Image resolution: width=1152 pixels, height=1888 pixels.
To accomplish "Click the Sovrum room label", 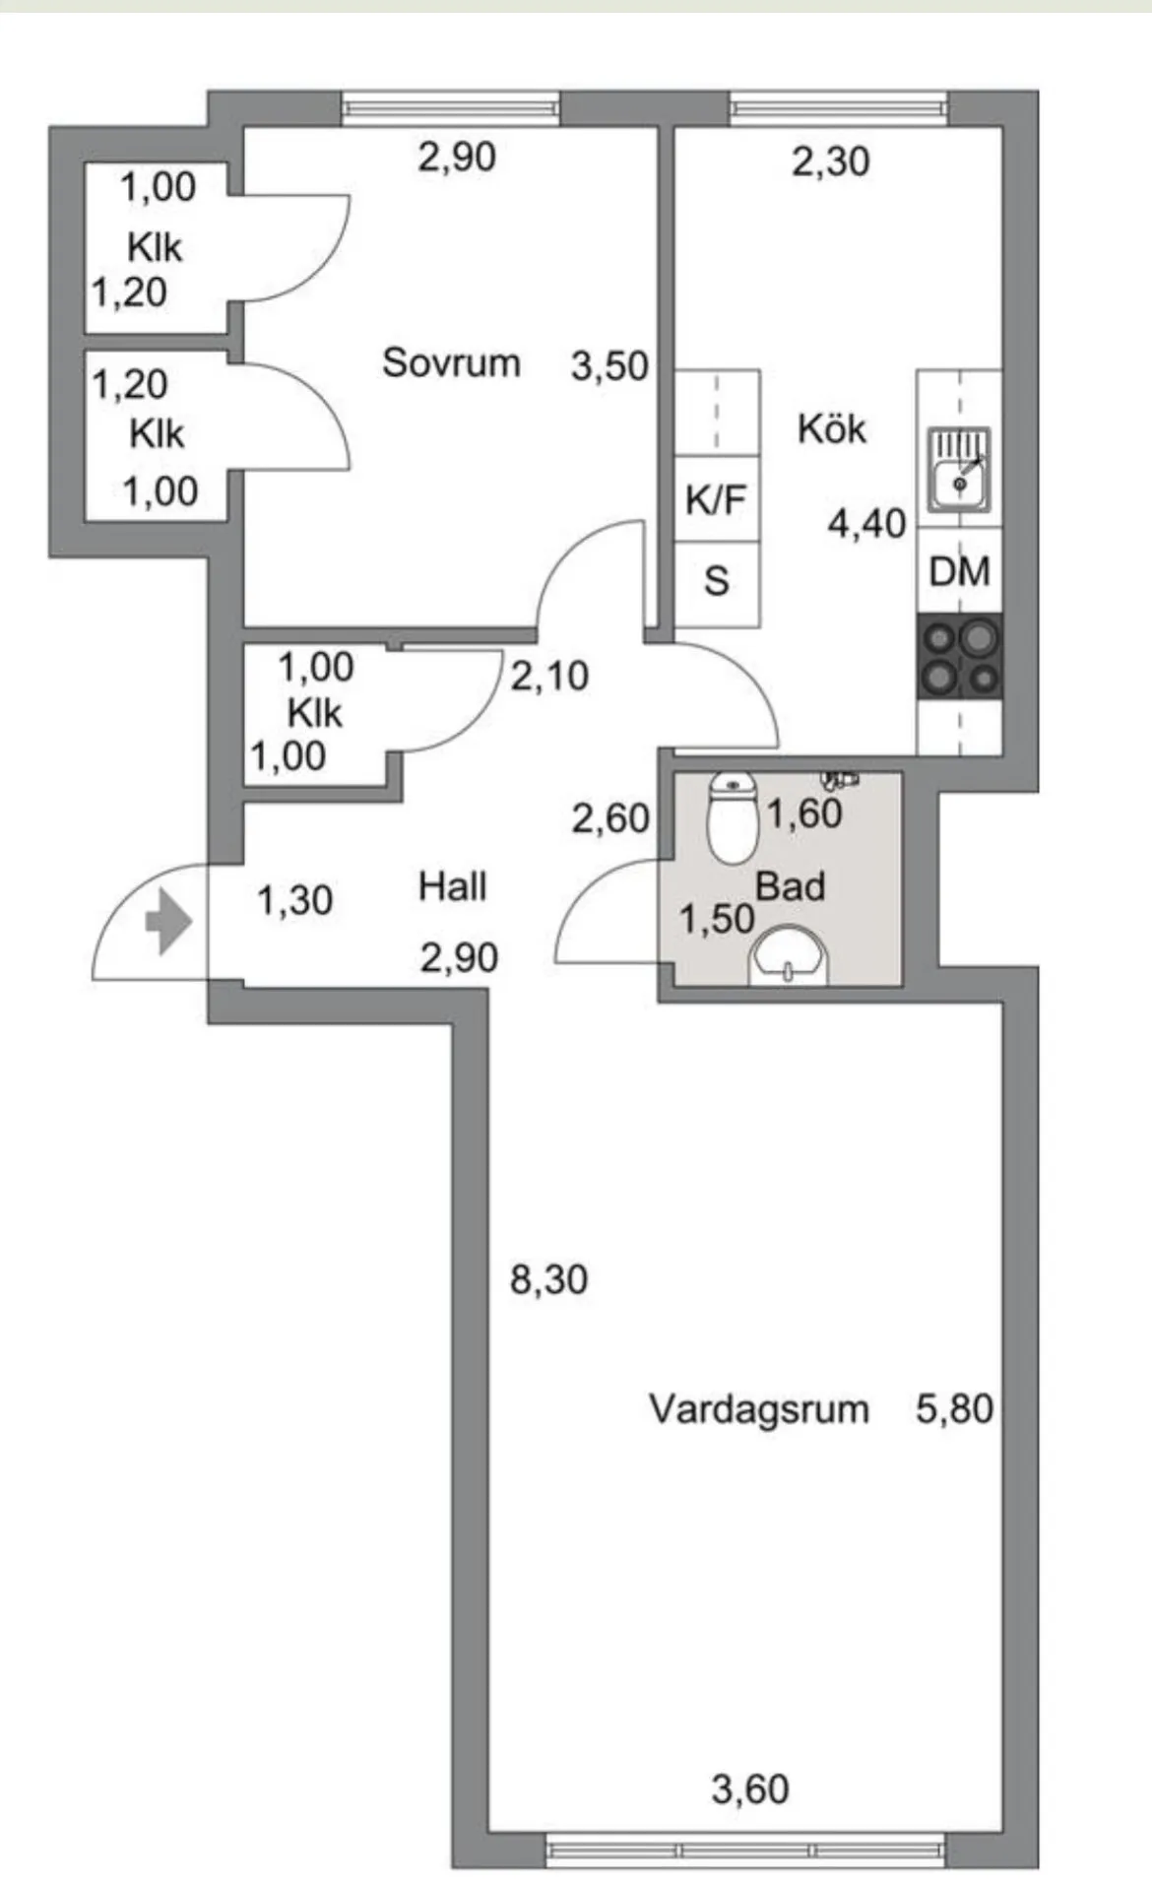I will click(x=451, y=362).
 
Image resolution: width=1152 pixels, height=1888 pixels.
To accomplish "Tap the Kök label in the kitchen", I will click(x=832, y=428).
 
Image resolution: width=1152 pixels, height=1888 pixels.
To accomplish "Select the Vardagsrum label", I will click(x=758, y=1408).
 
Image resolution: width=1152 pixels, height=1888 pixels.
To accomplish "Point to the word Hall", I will click(x=452, y=886).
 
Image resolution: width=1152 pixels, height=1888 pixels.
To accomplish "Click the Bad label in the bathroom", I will click(x=790, y=886).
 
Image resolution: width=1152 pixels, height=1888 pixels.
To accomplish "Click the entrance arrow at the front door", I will click(x=167, y=924).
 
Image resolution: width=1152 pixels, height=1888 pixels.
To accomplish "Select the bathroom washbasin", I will click(x=789, y=957).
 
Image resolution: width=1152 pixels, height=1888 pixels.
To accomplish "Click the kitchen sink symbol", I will click(x=959, y=471).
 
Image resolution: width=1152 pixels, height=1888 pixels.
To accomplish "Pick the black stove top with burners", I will click(x=959, y=656).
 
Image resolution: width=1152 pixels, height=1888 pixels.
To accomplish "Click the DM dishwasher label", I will click(x=959, y=571).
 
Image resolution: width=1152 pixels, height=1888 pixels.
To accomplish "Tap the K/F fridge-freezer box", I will click(x=716, y=499).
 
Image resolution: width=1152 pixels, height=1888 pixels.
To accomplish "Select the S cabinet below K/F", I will click(x=716, y=581).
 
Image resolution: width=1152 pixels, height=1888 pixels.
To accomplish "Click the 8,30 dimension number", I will click(x=548, y=1279).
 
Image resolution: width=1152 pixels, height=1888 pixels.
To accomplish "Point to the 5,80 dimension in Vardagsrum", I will click(x=953, y=1408).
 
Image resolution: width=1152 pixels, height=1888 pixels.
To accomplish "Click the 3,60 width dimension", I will click(x=750, y=1789).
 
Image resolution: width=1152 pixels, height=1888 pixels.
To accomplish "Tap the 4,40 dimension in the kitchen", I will click(x=865, y=524).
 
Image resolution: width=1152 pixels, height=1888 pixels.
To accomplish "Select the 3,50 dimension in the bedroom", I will click(x=609, y=366).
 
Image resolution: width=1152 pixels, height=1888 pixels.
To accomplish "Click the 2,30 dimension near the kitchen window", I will click(x=830, y=162).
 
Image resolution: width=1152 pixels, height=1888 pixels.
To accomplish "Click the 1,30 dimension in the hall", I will click(x=294, y=900).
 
